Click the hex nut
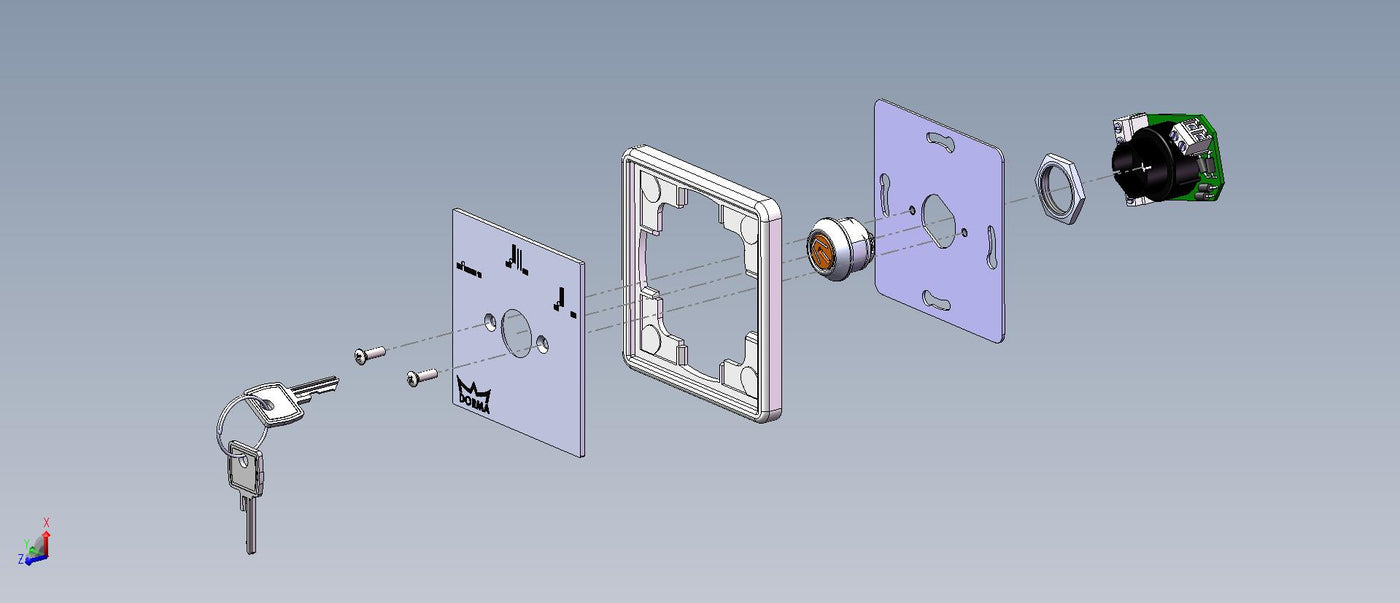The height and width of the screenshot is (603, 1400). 1062,188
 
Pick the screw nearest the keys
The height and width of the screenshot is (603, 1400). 370,354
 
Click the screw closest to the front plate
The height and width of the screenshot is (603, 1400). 421,377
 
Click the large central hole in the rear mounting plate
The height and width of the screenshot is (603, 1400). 941,219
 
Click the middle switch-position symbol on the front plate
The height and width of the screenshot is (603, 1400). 518,260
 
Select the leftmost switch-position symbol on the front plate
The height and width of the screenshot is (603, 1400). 468,267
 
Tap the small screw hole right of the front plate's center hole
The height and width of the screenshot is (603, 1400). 542,343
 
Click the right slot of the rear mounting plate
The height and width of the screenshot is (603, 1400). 989,245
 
